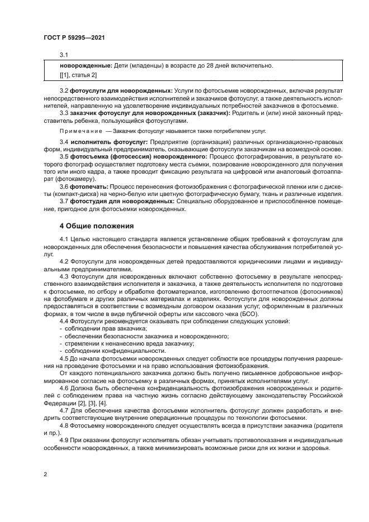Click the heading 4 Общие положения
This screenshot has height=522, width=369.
point(97,226)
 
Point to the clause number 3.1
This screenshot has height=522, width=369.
point(64,55)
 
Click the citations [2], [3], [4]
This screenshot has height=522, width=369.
point(88,403)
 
